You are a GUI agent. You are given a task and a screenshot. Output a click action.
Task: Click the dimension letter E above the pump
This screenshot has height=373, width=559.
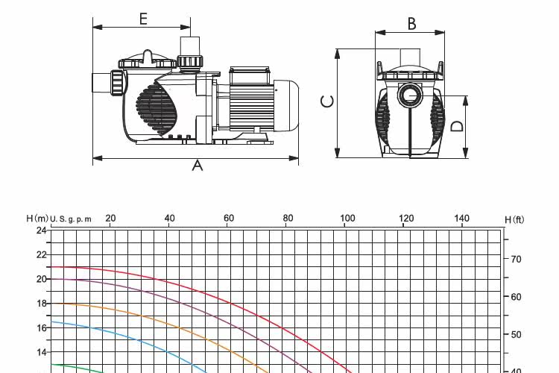[143, 19]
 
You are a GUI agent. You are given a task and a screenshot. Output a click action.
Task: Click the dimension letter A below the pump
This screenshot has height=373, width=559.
[198, 166]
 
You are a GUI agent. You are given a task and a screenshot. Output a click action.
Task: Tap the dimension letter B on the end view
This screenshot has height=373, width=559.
[411, 24]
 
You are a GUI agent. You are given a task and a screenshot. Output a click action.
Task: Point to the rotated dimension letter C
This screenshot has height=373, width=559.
[328, 101]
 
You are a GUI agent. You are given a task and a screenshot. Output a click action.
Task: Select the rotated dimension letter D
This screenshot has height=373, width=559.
[457, 126]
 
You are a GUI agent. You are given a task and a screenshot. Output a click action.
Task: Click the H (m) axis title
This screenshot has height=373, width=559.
[37, 218]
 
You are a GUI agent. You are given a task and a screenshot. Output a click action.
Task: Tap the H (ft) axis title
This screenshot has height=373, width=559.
[514, 219]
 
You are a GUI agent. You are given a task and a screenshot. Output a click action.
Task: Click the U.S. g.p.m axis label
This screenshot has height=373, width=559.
[71, 219]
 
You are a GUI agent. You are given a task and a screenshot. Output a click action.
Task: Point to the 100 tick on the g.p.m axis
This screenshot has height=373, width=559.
[347, 218]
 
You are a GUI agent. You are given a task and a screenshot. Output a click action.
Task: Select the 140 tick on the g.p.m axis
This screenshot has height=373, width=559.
[461, 218]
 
